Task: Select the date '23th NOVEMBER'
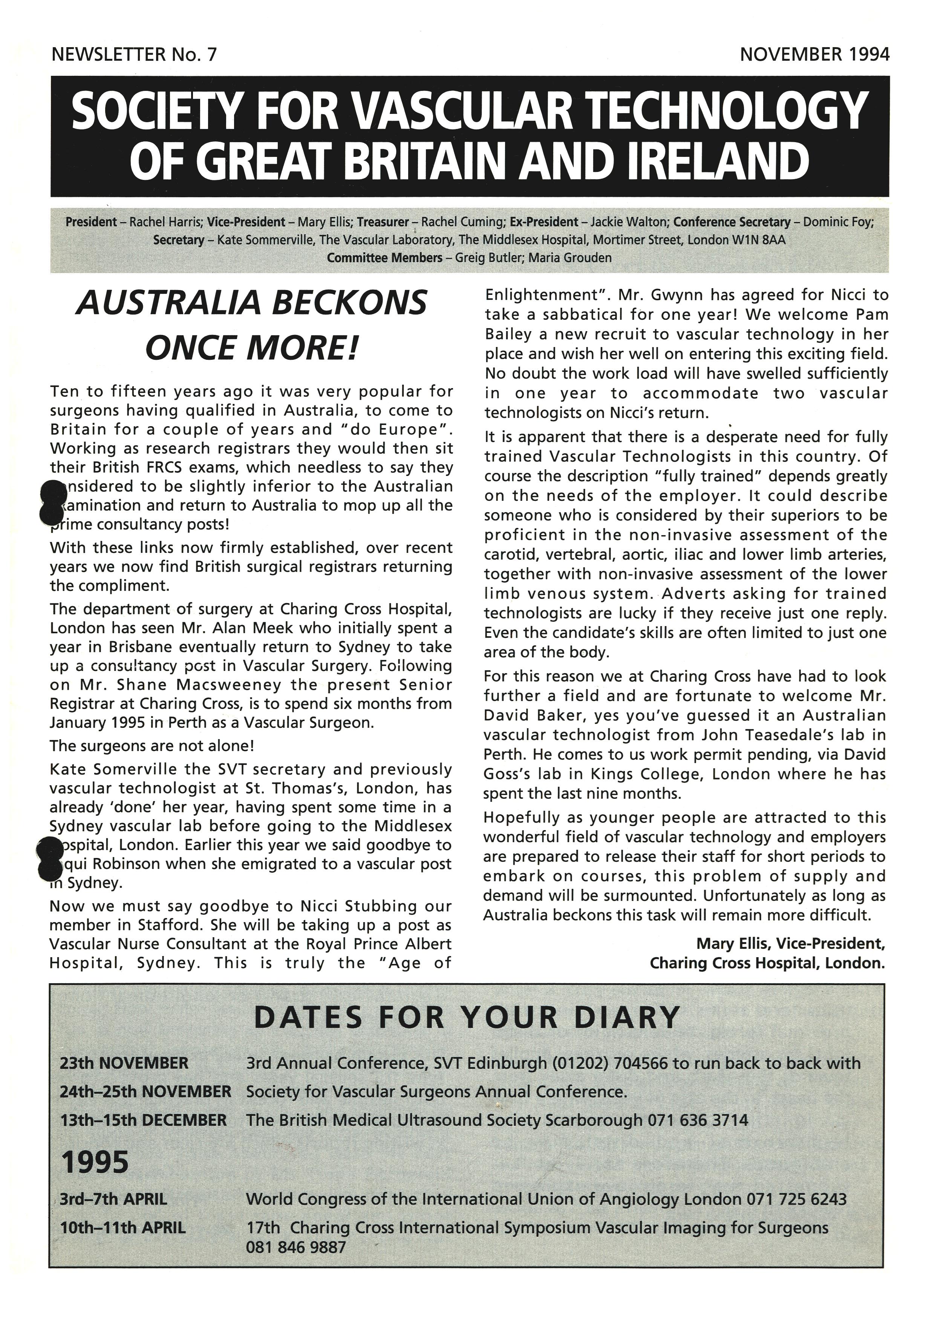point(124,1063)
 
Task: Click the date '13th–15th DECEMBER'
point(143,1120)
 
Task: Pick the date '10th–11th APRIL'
point(123,1228)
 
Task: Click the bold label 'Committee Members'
point(384,258)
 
